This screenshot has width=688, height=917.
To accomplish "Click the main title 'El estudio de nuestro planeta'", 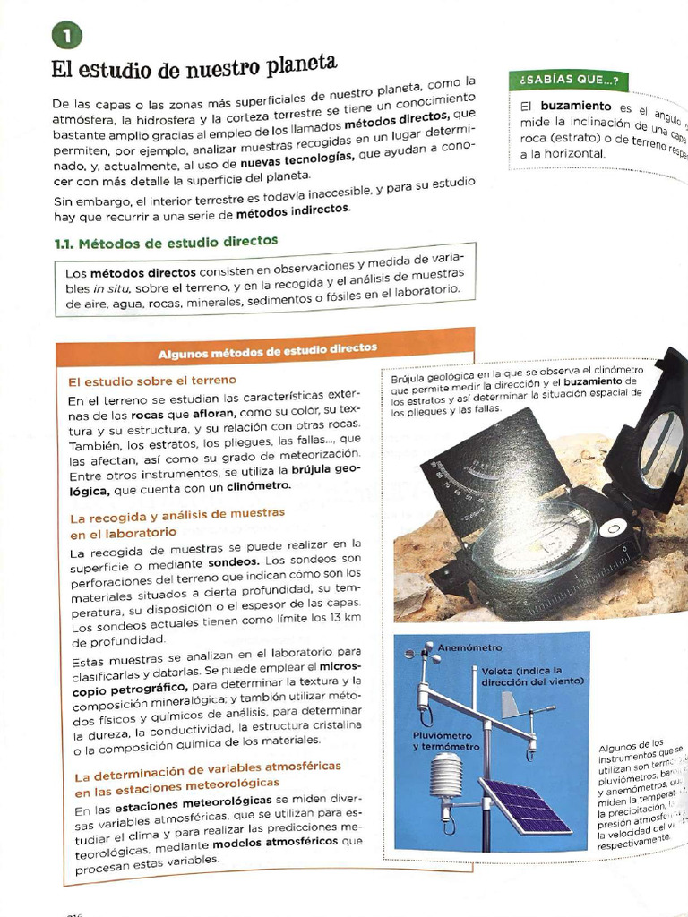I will (x=193, y=70).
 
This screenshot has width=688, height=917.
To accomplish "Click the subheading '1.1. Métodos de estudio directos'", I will (x=166, y=242).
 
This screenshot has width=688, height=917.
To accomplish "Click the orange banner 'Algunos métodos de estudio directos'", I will (x=267, y=350).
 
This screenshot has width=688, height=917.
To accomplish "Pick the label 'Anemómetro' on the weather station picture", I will (x=469, y=647).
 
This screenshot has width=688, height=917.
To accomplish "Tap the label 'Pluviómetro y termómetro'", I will (x=445, y=740).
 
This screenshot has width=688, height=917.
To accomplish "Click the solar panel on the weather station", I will (x=524, y=805).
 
